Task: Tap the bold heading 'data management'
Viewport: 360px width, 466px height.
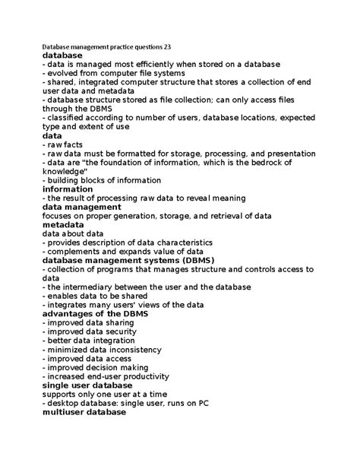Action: click(82, 207)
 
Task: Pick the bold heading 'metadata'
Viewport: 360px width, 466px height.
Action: click(64, 225)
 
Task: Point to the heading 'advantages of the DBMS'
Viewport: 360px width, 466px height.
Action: click(95, 314)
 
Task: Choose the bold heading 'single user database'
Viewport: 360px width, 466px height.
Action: click(87, 385)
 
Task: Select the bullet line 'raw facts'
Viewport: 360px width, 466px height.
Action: click(66, 144)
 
